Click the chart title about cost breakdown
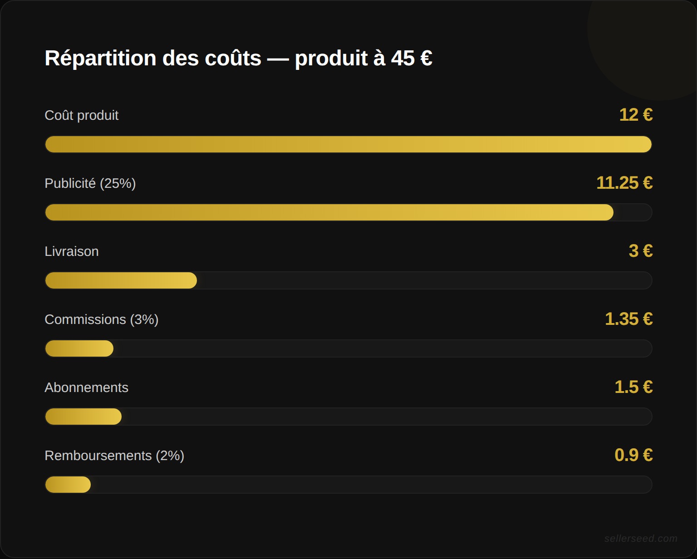pos(238,58)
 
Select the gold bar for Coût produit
pos(348,144)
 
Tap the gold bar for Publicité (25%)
pos(329,212)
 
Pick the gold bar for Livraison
pos(121,280)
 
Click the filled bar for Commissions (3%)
pos(79,348)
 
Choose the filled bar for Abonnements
pos(83,417)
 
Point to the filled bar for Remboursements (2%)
pos(68,485)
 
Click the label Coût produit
pos(82,115)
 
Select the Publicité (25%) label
pos(90,183)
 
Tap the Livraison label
pos(72,251)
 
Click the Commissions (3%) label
pos(102,319)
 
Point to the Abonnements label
pos(87,387)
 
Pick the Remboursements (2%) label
pos(114,456)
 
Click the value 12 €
pos(636,115)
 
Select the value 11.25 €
pos(624,183)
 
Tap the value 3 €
pos(641,251)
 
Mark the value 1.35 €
pos(629,319)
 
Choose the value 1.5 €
pos(633,387)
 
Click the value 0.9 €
pos(633,455)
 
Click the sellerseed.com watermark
pos(641,539)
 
